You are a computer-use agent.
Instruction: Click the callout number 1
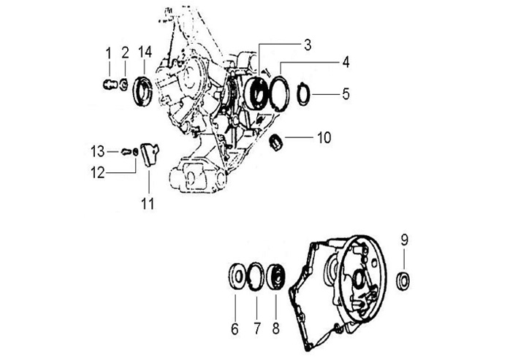(108, 53)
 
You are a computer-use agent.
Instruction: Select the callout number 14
(145, 52)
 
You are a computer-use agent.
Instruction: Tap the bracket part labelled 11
(150, 154)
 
